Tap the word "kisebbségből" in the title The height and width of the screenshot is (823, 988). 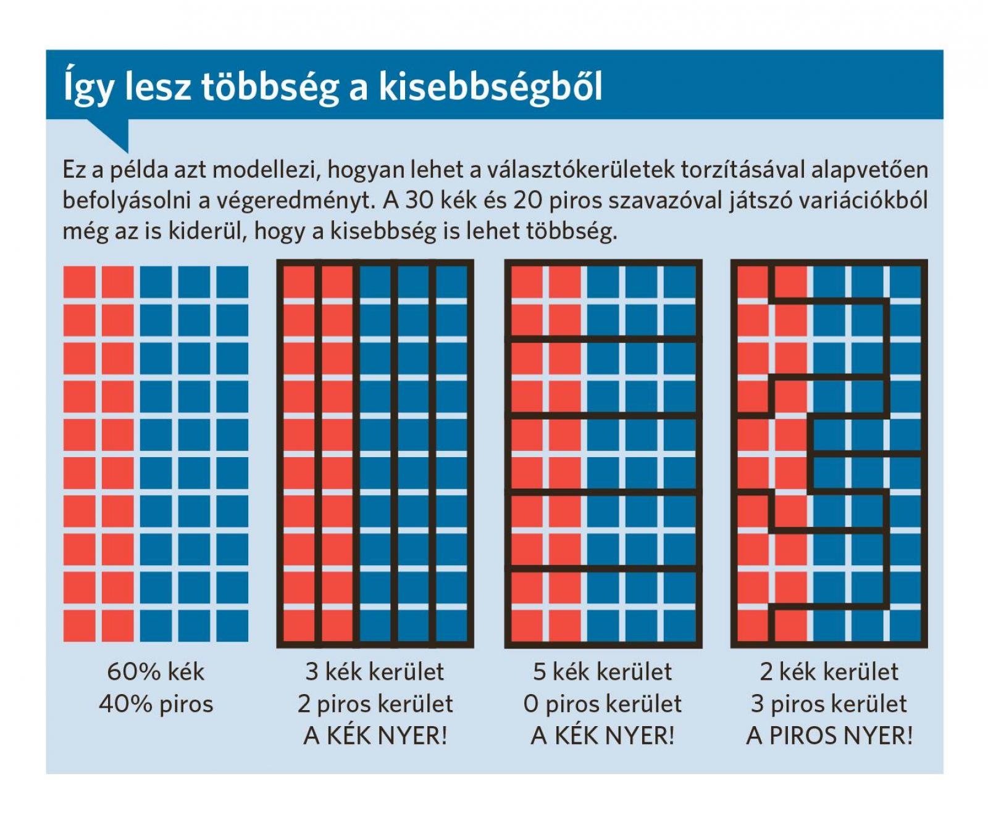[490, 87]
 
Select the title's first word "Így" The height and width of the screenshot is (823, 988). [89, 87]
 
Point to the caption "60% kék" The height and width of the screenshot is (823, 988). [156, 672]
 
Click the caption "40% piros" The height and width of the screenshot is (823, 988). [156, 704]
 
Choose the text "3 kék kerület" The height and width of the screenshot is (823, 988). [375, 672]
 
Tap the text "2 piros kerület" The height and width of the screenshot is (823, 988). [375, 704]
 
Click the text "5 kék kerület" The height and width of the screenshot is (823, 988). [603, 672]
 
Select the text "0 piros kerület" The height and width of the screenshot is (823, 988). [603, 704]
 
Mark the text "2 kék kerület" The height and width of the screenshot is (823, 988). [829, 672]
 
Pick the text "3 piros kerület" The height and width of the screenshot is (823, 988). [829, 704]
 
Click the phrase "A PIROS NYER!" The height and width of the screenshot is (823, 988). [829, 736]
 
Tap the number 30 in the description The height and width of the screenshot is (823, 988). [420, 201]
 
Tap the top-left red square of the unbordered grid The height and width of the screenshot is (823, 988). [79, 282]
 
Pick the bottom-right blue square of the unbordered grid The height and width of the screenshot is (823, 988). [232, 626]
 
